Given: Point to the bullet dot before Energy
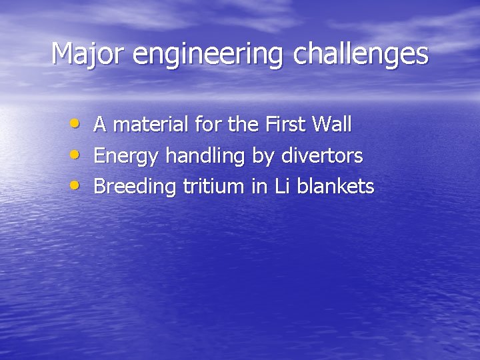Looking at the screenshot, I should tap(77, 155).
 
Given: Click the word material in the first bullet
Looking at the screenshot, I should tap(152, 124).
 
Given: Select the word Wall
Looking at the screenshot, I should tap(331, 124).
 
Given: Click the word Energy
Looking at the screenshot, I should tap(127, 157).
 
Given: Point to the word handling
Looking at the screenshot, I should tap(205, 157).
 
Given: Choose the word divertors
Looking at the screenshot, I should tap(322, 155).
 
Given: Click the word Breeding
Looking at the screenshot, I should tap(135, 187).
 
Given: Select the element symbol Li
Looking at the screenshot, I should tap(282, 187).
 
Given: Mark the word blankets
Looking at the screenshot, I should tap(335, 187).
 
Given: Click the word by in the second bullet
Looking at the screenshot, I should tap(263, 157).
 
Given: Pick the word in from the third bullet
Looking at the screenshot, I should tap(259, 187).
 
